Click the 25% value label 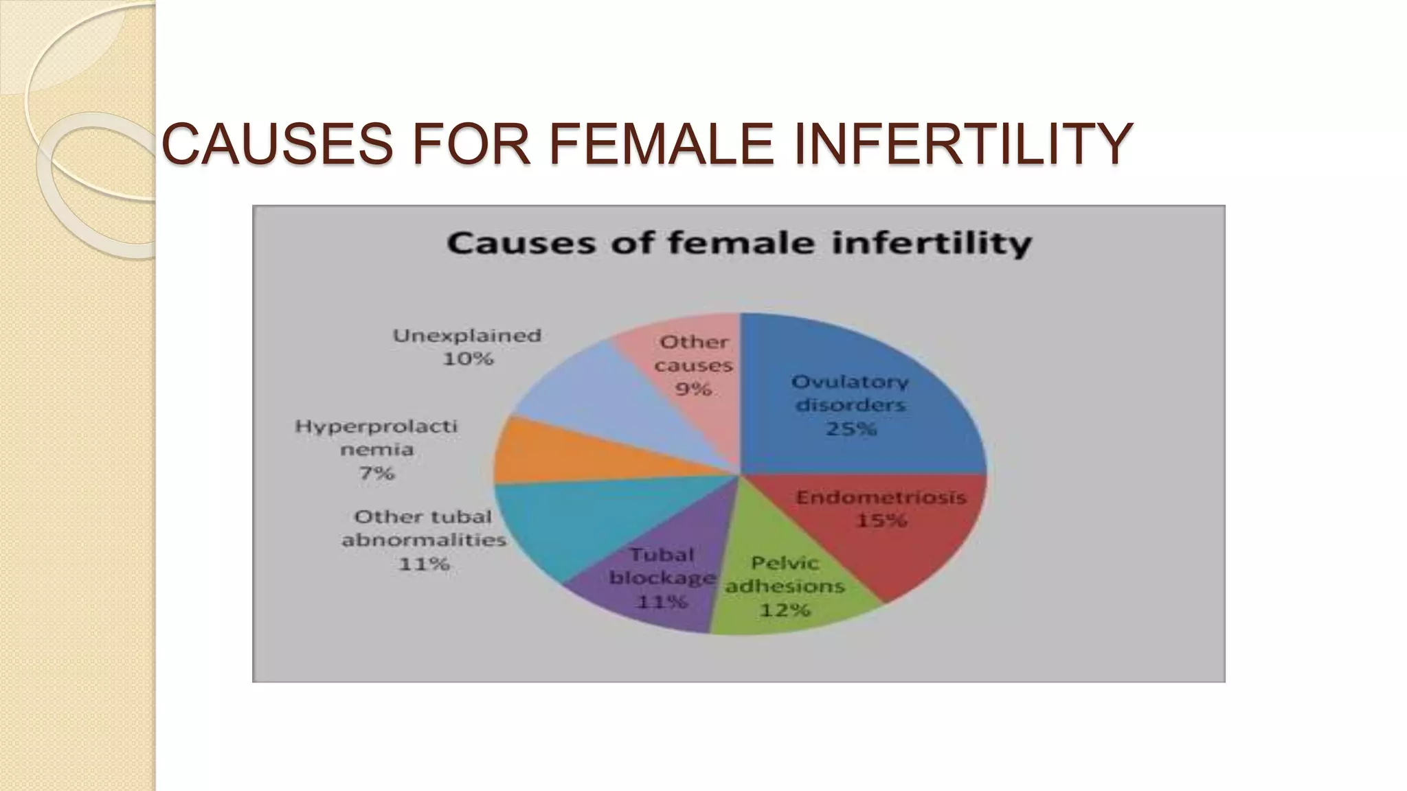coord(851,429)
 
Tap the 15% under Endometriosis coord(881,521)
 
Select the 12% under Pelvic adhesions coord(785,610)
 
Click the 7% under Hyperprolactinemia coord(376,473)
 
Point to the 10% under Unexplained coord(468,359)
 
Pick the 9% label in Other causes coord(693,389)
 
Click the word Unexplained coord(467,336)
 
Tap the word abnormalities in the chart coord(424,540)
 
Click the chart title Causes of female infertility coord(739,244)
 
